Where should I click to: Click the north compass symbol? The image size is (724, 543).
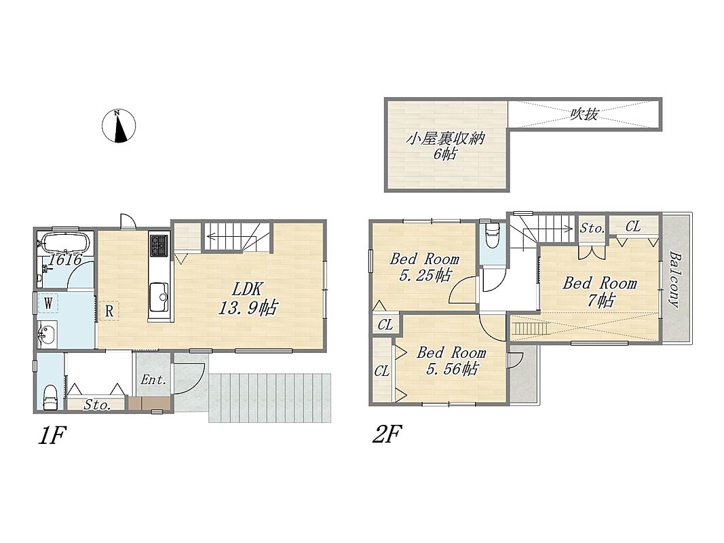(119, 126)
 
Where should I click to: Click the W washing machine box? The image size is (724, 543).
(48, 303)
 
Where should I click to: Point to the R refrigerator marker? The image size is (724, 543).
(109, 311)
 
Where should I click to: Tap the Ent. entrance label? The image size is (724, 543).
(153, 380)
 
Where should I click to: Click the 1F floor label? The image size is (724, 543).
(52, 435)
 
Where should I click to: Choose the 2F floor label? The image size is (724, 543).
(387, 434)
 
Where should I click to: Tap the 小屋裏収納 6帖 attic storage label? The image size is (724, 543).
(444, 145)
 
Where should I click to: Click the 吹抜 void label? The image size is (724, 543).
(584, 113)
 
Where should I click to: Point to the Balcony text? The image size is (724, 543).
(676, 280)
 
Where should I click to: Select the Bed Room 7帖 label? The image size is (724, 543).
(600, 291)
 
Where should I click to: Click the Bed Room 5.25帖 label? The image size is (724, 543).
(424, 267)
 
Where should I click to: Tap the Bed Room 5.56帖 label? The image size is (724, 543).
(451, 360)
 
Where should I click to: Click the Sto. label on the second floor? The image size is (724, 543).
(592, 228)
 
